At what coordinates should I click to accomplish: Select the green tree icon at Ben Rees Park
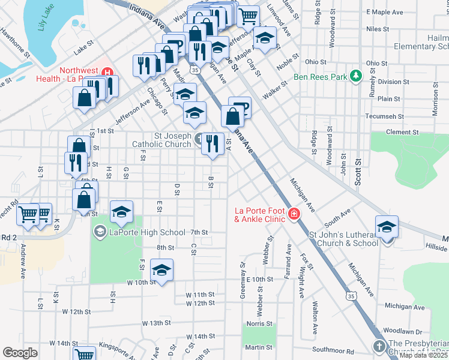click(x=357, y=76)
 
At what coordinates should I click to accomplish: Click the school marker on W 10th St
click(x=161, y=271)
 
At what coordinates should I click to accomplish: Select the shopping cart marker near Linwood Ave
click(x=248, y=16)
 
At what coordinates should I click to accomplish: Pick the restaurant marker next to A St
click(x=212, y=144)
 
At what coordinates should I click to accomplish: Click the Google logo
click(x=20, y=352)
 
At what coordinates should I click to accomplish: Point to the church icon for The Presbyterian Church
click(x=379, y=346)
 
